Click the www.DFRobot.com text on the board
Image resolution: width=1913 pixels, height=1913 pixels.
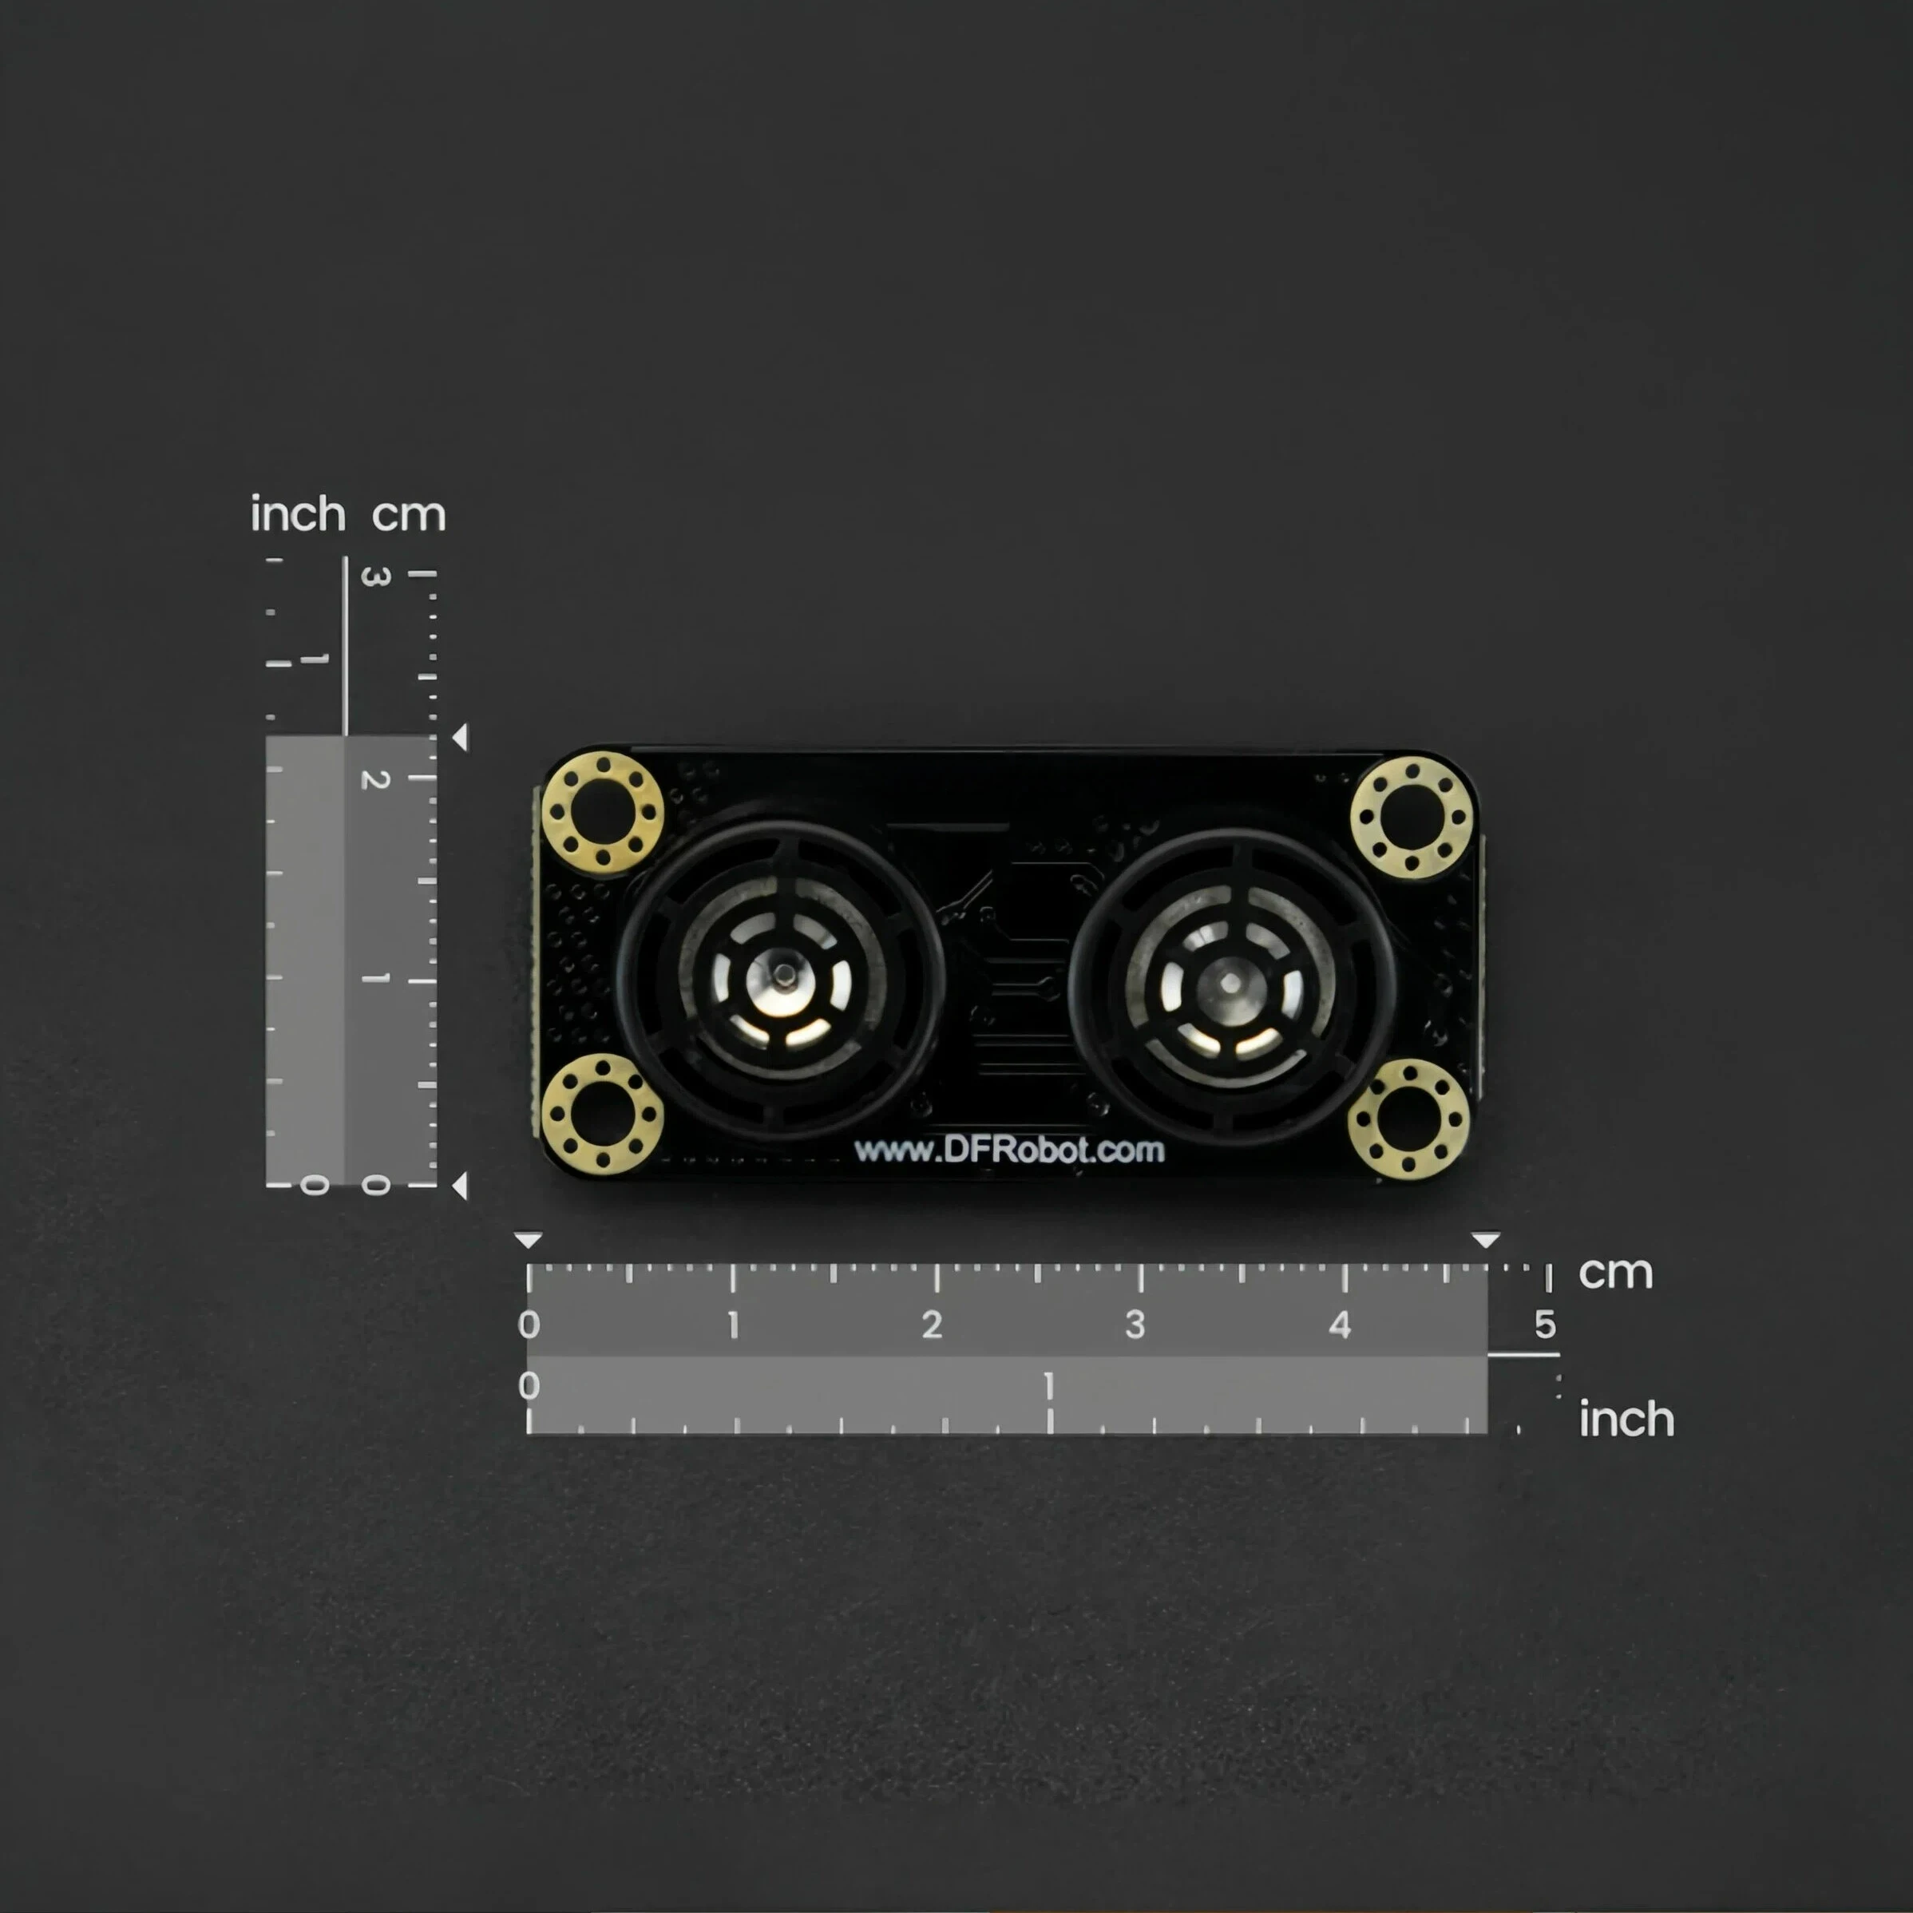[x=1009, y=1150]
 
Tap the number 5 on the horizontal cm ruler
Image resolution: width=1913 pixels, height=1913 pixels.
[x=1545, y=1325]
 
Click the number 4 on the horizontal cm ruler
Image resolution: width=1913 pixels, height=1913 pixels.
[x=1340, y=1325]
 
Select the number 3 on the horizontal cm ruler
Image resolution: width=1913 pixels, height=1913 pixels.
[x=1135, y=1325]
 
